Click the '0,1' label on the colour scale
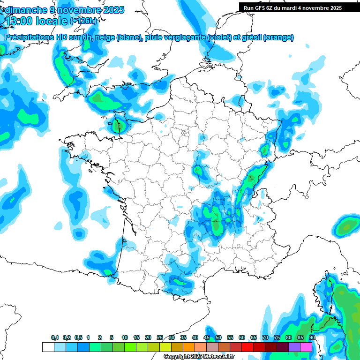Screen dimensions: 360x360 point(55,337)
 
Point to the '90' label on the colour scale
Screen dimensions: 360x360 point(312,337)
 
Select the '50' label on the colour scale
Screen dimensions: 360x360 point(218,337)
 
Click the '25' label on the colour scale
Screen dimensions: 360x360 point(160,337)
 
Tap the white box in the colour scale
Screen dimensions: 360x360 point(48,347)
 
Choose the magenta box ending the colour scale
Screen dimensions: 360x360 point(306,347)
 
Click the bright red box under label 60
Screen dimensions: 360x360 point(247,347)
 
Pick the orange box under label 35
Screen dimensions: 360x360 point(189,347)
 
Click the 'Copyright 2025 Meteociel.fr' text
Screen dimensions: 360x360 point(199,357)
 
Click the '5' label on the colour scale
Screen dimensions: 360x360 point(112,337)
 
